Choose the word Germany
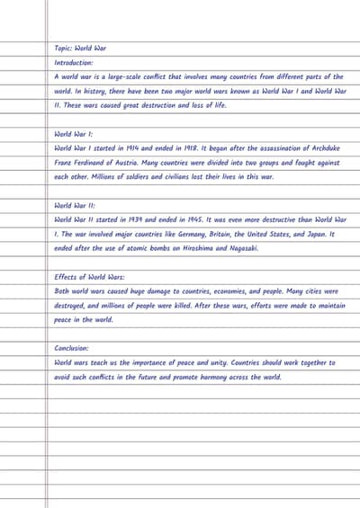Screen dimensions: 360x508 (193, 234)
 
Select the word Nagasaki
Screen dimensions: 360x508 (243, 248)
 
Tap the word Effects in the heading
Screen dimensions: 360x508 (66, 277)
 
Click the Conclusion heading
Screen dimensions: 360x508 (71, 348)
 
